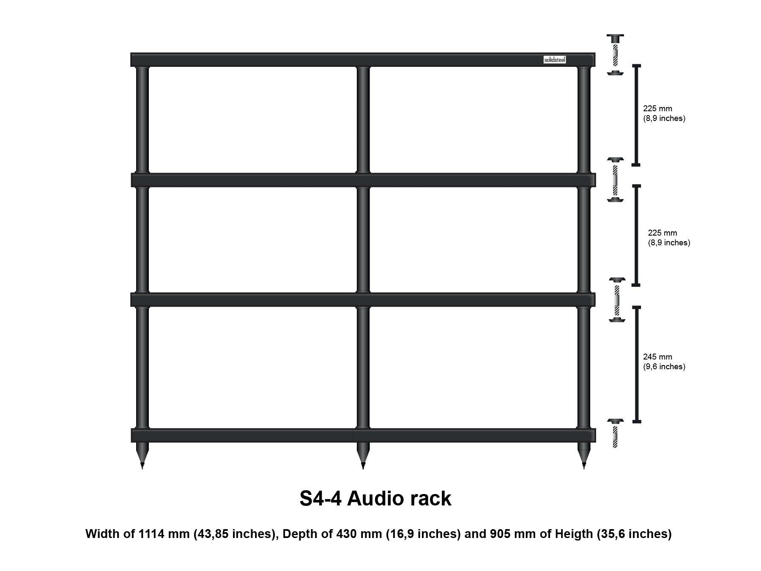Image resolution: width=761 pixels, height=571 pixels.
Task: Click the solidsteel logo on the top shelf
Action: (x=554, y=60)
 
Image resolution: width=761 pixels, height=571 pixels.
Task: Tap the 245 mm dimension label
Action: (x=657, y=357)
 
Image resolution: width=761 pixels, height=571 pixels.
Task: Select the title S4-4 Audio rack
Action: (x=375, y=498)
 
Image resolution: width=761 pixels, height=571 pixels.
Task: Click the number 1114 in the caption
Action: (x=151, y=534)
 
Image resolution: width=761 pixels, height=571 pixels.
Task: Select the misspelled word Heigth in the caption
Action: (x=574, y=534)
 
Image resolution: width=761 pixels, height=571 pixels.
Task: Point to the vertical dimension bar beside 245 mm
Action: (x=636, y=364)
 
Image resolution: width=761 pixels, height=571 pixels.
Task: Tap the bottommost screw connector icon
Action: (x=615, y=434)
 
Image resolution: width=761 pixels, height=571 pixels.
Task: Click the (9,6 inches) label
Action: (x=664, y=367)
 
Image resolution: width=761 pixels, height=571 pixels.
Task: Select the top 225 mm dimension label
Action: (x=657, y=109)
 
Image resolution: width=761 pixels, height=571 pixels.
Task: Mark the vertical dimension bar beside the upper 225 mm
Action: (x=636, y=115)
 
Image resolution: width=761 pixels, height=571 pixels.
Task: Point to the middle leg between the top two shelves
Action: (x=363, y=119)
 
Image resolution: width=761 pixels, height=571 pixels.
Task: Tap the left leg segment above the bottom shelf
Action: (x=142, y=367)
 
